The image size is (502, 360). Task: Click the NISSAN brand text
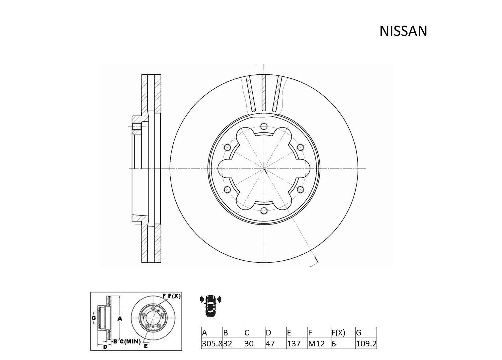point(403,31)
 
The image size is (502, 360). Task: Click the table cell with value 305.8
point(212,344)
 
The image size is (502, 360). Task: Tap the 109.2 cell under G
point(366,344)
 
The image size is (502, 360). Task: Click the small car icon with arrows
point(210,304)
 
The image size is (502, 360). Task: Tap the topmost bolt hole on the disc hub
point(264,126)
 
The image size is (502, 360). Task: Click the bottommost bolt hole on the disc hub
point(264,210)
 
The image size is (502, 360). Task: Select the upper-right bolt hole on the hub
point(300,147)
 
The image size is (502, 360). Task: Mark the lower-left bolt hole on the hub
point(227,189)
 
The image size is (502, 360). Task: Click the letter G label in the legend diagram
point(94,318)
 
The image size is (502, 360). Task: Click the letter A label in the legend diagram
point(120,319)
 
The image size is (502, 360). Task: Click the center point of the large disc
point(264,168)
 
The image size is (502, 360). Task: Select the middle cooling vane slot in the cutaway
point(264,93)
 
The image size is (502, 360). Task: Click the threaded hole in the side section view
point(136,127)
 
